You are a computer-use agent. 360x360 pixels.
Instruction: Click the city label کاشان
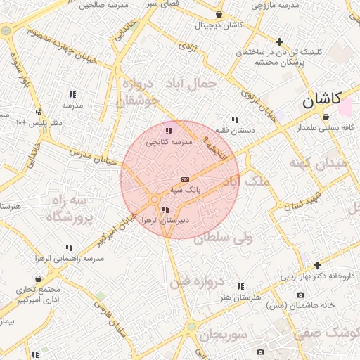point(322,100)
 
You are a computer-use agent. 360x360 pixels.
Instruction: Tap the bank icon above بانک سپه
point(185,179)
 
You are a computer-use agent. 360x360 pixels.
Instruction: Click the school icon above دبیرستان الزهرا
point(165,210)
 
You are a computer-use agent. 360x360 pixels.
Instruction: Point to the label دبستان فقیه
point(234,130)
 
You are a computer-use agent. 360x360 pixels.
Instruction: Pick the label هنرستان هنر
point(241,297)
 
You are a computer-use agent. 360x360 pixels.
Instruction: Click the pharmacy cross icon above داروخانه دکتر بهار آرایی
point(318,265)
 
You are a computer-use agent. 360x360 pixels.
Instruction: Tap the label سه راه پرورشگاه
point(69,209)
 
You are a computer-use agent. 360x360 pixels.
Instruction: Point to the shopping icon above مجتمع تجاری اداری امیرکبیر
point(38,279)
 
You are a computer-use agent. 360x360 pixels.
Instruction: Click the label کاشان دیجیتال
point(219,25)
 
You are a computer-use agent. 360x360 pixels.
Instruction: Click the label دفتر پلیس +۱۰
point(39,123)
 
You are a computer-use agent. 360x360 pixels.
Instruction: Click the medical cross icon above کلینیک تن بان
point(280,41)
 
